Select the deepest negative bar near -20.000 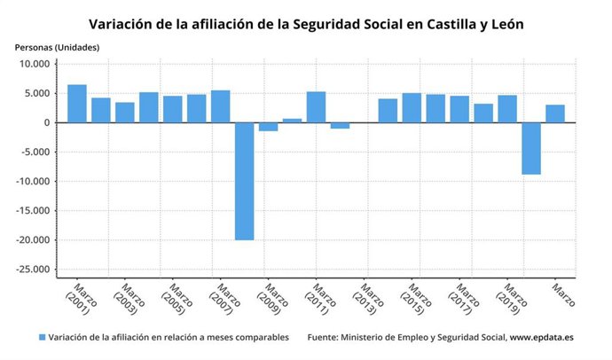[x=244, y=181]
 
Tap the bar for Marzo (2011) [x=316, y=107]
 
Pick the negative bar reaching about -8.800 [x=531, y=148]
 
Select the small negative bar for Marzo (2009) [x=268, y=127]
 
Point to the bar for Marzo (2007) [x=220, y=106]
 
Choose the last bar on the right [x=555, y=113]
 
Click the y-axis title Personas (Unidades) [x=57, y=46]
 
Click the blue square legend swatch [x=42, y=338]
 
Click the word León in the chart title [x=502, y=23]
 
